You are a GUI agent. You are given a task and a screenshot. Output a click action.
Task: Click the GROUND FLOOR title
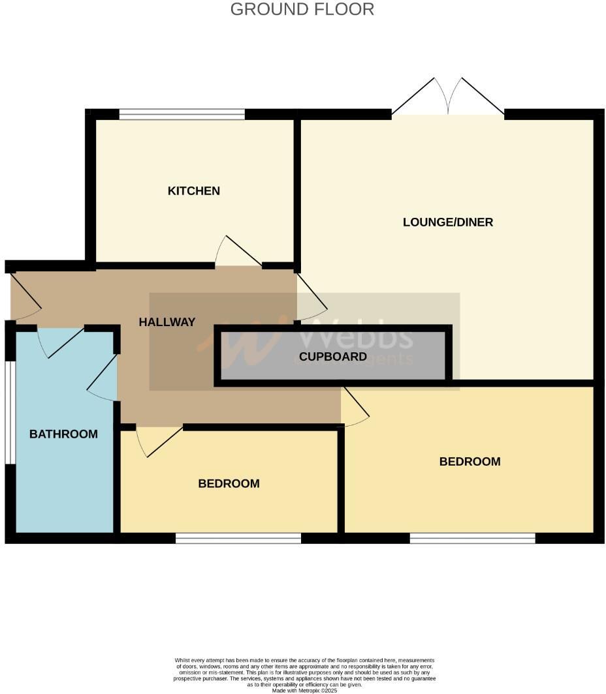302,9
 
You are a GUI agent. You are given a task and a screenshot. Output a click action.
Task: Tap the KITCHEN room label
194,191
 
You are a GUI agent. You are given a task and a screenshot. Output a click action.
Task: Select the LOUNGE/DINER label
448,222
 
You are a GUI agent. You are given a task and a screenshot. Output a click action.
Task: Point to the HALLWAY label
167,322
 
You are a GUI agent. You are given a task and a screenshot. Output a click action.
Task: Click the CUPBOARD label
333,357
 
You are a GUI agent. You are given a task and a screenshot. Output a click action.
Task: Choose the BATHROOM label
63,434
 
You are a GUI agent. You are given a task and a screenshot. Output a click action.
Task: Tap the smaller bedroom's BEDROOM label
229,484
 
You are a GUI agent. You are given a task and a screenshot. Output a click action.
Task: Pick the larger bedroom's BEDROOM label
470,462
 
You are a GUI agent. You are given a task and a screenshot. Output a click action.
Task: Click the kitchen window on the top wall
182,115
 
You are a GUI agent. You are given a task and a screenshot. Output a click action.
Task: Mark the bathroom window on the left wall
9,412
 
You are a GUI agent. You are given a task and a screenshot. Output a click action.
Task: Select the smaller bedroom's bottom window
238,538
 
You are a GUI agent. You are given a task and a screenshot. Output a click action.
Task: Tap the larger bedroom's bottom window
472,538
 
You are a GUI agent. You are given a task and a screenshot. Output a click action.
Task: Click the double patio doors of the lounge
448,98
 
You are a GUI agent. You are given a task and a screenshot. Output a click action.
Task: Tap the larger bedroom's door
355,408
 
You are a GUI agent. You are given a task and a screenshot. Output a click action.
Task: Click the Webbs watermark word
357,336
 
